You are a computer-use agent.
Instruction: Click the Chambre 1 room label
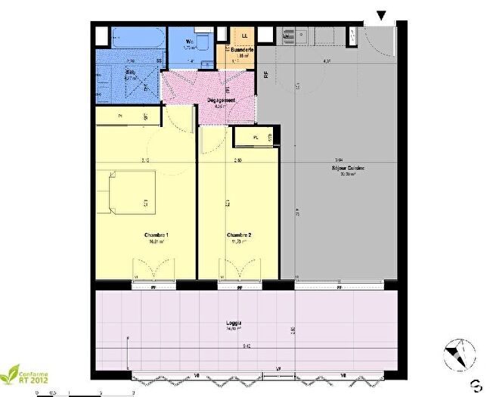[156, 236]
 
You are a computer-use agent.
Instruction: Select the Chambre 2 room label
[239, 236]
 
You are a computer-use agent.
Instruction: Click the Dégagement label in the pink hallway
[221, 101]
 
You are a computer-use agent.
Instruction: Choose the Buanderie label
[243, 50]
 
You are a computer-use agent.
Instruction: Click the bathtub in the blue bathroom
[134, 38]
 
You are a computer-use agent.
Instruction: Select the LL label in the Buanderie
[244, 36]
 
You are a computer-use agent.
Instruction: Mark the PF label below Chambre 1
[154, 287]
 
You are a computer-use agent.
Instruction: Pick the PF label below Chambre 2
[239, 287]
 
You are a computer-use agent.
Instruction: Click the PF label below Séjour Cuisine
[340, 287]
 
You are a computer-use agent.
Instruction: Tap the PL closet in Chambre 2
[256, 137]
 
